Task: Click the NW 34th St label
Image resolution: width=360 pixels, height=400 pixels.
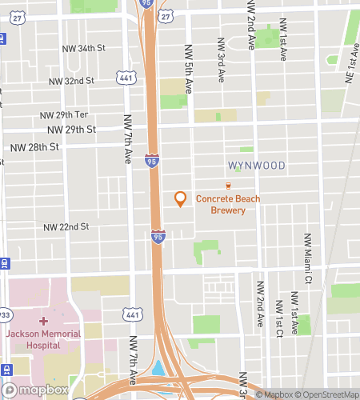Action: click(84, 48)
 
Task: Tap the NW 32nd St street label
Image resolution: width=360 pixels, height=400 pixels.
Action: click(71, 81)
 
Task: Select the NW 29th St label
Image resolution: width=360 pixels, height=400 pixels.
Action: click(71, 129)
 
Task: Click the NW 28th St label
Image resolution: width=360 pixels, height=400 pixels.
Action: click(34, 147)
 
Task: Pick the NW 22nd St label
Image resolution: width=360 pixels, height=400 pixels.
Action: click(66, 226)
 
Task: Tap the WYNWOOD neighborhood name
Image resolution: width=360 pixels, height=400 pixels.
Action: click(256, 166)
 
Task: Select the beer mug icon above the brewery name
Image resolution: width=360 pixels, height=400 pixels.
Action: click(228, 186)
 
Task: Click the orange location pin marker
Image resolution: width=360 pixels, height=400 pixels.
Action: click(180, 198)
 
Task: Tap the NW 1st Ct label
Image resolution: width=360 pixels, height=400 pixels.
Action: click(278, 319)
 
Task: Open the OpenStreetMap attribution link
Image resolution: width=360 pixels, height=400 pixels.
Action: click(330, 394)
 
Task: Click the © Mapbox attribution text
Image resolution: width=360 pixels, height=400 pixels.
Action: click(278, 394)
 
